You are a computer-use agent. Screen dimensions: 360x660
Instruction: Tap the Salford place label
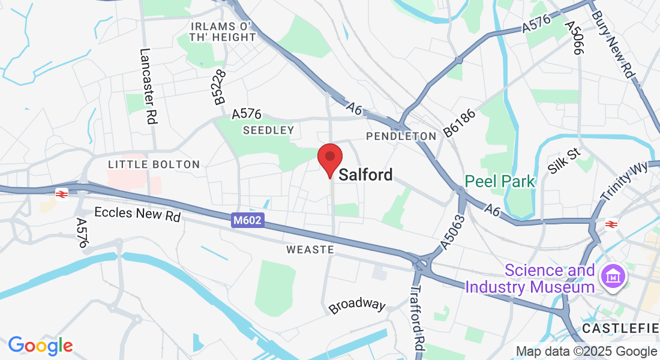(366, 175)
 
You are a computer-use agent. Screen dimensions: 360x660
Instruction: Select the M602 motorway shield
(247, 221)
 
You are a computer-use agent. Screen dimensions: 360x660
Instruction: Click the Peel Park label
(500, 181)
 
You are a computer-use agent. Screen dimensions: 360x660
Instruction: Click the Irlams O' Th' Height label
(223, 32)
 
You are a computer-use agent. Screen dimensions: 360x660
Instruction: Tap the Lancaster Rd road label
(148, 86)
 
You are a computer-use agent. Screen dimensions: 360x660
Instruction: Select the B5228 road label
(220, 87)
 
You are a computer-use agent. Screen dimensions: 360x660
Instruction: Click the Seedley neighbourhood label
(268, 130)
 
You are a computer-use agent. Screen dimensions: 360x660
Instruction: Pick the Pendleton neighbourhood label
(401, 136)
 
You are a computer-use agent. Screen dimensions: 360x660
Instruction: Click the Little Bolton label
(154, 164)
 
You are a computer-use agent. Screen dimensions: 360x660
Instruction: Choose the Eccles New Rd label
(137, 214)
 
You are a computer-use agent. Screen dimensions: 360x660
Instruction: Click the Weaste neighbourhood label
(310, 249)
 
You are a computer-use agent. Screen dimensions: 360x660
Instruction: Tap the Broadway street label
(357, 305)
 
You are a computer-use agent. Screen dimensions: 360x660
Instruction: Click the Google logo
(40, 346)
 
